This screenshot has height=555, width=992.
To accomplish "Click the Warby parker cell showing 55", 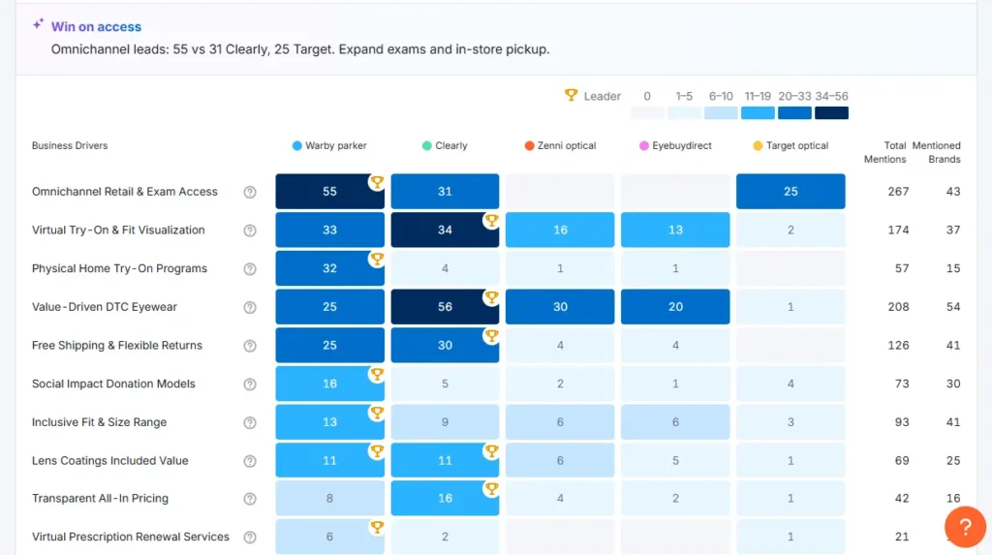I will (x=329, y=192).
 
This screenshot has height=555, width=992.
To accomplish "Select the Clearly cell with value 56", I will (x=445, y=307).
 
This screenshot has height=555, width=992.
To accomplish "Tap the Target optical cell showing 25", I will (x=790, y=192).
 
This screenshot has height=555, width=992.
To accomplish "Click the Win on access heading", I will (x=96, y=27).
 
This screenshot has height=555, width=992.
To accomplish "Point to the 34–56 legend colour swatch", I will (x=831, y=112).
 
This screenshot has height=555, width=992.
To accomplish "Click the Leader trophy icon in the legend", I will (x=572, y=96).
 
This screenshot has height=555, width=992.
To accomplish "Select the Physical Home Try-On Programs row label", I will (x=119, y=268).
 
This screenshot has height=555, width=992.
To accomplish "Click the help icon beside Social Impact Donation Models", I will (x=250, y=385).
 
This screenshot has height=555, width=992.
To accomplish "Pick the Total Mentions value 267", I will (x=898, y=192).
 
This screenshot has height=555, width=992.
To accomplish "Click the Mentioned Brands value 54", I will (x=952, y=307).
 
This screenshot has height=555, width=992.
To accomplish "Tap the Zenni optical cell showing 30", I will (x=560, y=307).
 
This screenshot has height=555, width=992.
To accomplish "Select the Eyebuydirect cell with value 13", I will (x=675, y=231).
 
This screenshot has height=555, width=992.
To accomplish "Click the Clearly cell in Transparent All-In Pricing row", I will (x=445, y=499).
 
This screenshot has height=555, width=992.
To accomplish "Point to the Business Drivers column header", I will (x=70, y=146).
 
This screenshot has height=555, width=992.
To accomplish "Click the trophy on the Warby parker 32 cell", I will (x=377, y=260).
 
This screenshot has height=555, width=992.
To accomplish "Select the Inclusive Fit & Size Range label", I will (x=99, y=422).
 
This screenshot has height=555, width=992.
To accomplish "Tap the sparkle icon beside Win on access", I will (x=38, y=25).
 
